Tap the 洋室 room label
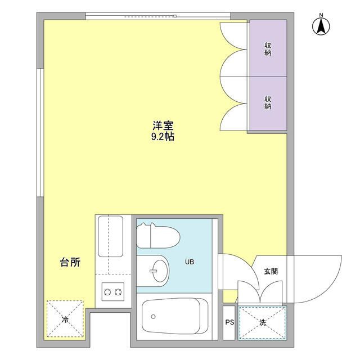tap(163, 125)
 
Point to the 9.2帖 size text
tap(163, 137)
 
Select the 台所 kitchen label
tap(70, 262)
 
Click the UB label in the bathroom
tap(190, 262)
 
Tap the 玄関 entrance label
tap(271, 271)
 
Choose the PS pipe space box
tap(229, 322)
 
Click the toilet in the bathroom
tap(158, 236)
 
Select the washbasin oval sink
tap(160, 271)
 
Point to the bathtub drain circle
tap(153, 317)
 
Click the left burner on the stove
tap(107, 292)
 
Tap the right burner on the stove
tap(118, 292)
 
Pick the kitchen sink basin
tap(110, 236)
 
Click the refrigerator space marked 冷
tap(65, 319)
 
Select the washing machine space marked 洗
tap(263, 322)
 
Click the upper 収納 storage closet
tap(268, 48)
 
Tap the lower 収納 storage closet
tap(268, 103)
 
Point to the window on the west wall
tap(40, 133)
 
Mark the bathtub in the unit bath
tap(175, 316)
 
